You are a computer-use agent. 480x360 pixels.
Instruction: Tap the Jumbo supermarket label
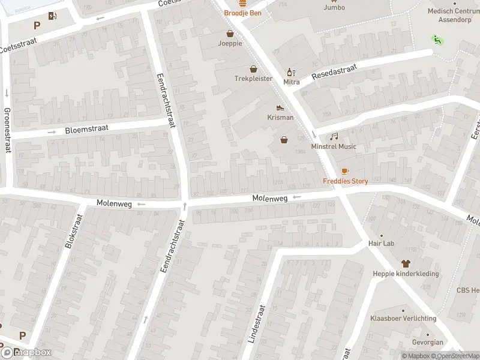[334, 7]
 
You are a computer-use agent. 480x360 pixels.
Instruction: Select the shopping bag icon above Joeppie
[230, 34]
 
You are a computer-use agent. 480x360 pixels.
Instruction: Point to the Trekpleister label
[253, 79]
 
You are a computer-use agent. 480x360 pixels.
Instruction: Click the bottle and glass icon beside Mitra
[292, 72]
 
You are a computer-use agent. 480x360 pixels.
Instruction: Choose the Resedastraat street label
[334, 73]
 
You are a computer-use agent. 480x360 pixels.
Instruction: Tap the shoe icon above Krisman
[280, 108]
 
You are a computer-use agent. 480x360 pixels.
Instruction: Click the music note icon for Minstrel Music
[334, 137]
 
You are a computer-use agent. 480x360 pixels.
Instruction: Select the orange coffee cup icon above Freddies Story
[345, 172]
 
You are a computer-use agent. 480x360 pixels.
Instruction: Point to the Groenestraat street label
[7, 130]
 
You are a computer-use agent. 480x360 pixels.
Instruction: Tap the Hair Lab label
[381, 244]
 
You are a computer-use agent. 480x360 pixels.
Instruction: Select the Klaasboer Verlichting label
[403, 318]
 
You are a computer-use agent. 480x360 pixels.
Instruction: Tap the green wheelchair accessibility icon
[436, 40]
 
